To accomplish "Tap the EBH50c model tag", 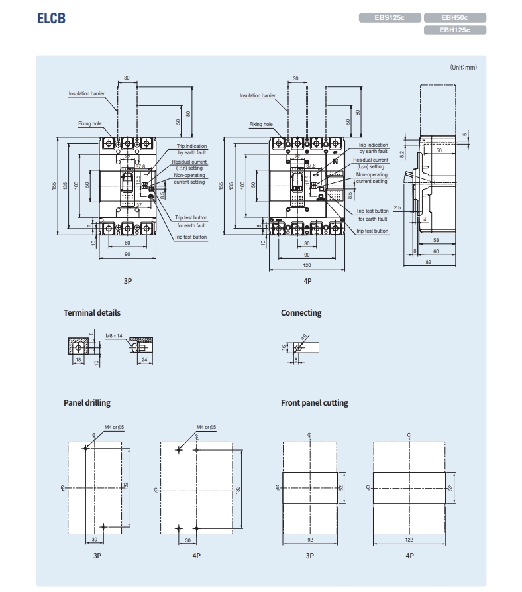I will [454, 18].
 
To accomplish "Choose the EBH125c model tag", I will [454, 30].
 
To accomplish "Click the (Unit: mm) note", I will [463, 67].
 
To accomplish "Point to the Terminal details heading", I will [92, 312].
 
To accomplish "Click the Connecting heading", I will [301, 312].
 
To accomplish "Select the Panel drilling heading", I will [87, 402].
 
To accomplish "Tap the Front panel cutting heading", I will [314, 402].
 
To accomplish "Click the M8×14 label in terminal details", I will [113, 337].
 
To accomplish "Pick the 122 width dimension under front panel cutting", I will [409, 540].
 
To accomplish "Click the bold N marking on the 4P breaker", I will [335, 162].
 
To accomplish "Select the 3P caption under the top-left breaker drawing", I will [128, 281].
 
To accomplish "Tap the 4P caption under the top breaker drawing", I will [307, 281].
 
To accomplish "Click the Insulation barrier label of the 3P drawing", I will [87, 93].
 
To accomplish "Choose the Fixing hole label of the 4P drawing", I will [261, 124].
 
